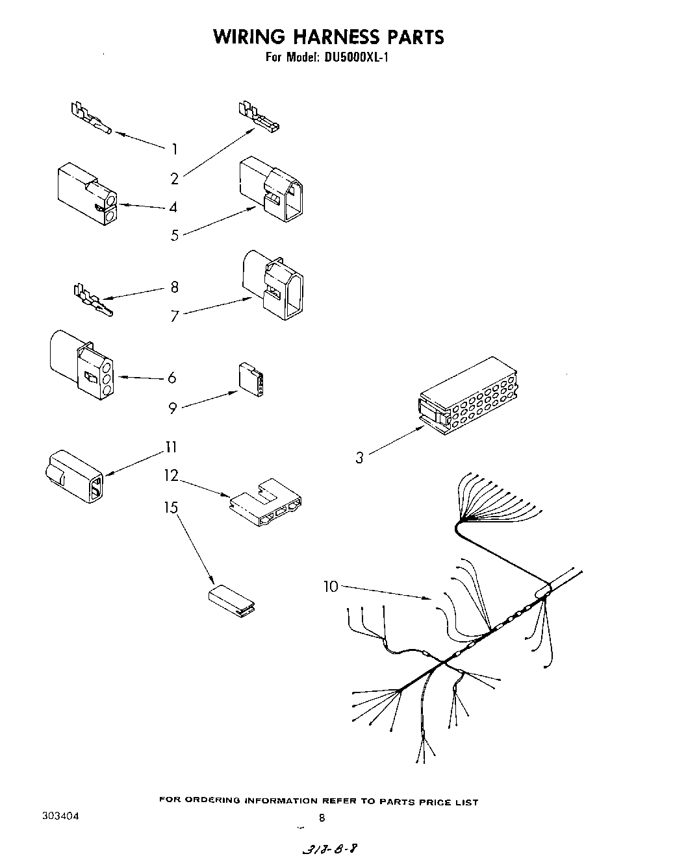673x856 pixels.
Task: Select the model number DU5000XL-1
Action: pyautogui.click(x=355, y=57)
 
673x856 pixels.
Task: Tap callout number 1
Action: pyautogui.click(x=174, y=149)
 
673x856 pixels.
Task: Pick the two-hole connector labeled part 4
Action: pyautogui.click(x=86, y=195)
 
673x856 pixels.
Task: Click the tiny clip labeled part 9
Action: pyautogui.click(x=250, y=380)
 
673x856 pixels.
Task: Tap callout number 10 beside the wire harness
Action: pyautogui.click(x=331, y=587)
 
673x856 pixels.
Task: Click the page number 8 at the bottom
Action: pyautogui.click(x=322, y=818)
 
